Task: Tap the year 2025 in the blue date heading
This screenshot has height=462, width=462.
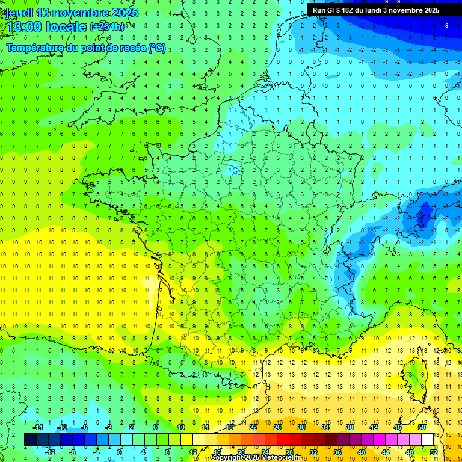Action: (124, 13)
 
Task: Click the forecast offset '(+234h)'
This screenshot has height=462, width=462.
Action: (106, 27)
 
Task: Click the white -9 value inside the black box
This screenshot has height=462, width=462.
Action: (446, 25)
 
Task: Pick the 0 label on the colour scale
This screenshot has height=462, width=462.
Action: (119, 452)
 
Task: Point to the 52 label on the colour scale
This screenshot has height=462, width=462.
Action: (434, 452)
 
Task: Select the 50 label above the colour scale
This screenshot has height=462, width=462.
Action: (422, 427)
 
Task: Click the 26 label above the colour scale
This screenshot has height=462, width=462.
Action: (277, 427)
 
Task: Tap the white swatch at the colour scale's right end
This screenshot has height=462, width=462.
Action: (428, 440)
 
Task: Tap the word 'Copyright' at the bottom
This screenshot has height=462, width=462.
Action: (227, 458)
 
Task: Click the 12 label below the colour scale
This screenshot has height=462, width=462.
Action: (193, 452)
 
